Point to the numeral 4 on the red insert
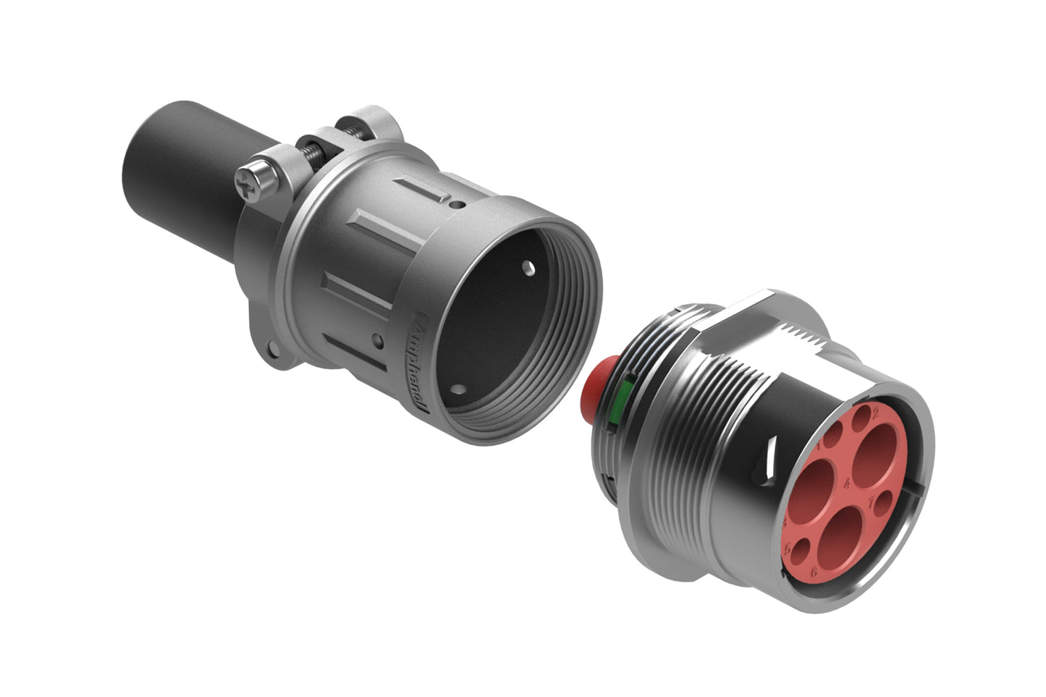(x=848, y=483)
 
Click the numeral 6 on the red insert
(x=815, y=571)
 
